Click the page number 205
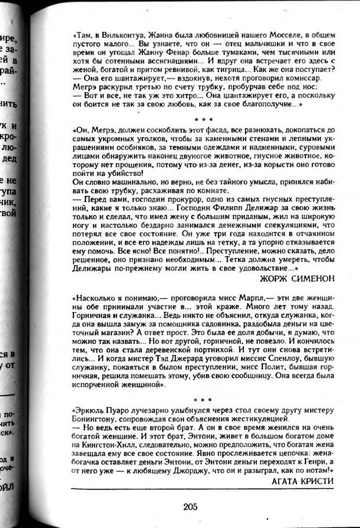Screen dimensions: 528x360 click(x=189, y=507)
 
